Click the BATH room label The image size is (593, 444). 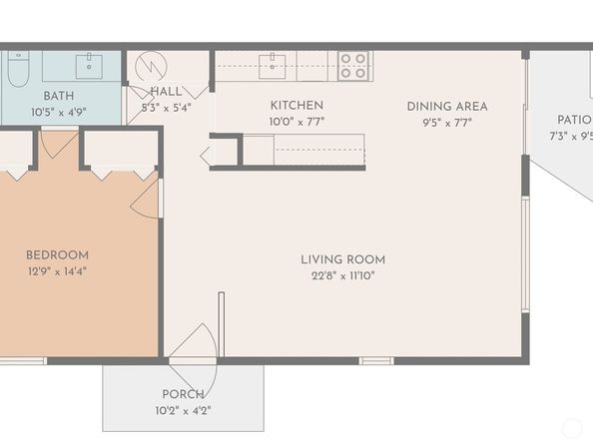pyautogui.click(x=59, y=96)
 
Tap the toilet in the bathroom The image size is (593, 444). pyautogui.click(x=18, y=69)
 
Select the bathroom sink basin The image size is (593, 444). pyautogui.click(x=89, y=67)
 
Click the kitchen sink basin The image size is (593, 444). pyautogui.click(x=272, y=67)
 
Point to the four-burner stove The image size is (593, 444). pyautogui.click(x=353, y=66)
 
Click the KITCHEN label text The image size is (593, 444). pyautogui.click(x=296, y=106)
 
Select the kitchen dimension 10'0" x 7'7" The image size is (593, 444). pyautogui.click(x=296, y=122)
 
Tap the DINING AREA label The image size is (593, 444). pyautogui.click(x=447, y=107)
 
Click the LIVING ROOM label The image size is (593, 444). pyautogui.click(x=343, y=259)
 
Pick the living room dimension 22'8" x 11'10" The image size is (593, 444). pyautogui.click(x=343, y=275)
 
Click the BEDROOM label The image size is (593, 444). pyautogui.click(x=58, y=255)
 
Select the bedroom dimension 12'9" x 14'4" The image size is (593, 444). pyautogui.click(x=58, y=271)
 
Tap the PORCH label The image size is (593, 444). pyautogui.click(x=183, y=394)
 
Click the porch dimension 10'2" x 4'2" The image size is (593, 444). pyautogui.click(x=183, y=410)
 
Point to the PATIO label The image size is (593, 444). pyautogui.click(x=574, y=120)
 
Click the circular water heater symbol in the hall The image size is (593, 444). pyautogui.click(x=151, y=67)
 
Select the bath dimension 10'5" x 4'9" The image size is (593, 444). pyautogui.click(x=59, y=112)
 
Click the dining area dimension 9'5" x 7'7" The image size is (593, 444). pyautogui.click(x=447, y=123)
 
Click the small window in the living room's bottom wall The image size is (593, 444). pyautogui.click(x=376, y=361)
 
